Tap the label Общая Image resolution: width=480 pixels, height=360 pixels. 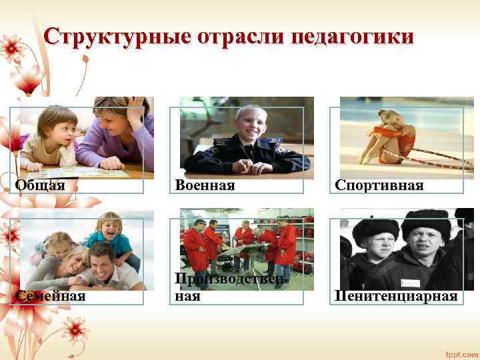click(41, 185)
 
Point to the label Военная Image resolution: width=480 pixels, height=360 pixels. click(205, 185)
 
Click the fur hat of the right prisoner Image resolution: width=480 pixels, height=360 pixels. click(426, 219)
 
